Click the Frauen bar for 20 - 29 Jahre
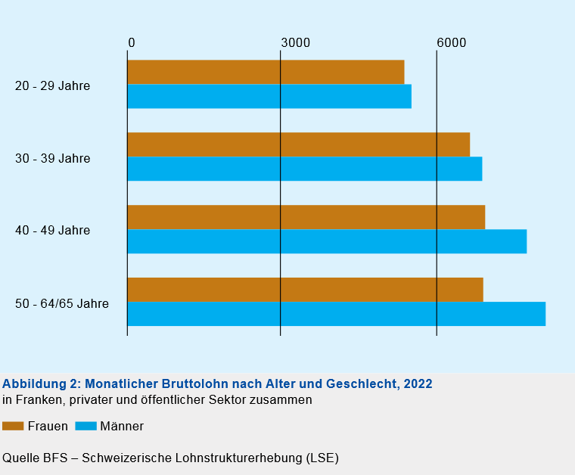[x=266, y=72]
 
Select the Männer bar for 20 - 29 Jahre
[x=269, y=96]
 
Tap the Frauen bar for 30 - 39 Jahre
[x=298, y=144]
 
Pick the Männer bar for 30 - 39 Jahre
[x=304, y=169]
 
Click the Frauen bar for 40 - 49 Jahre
[x=306, y=217]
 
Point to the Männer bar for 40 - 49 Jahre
[x=327, y=241]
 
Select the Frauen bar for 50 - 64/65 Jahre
[x=305, y=290]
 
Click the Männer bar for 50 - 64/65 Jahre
[x=336, y=314]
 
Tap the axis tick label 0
[x=132, y=43]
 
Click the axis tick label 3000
[x=296, y=43]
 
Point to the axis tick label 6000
[x=452, y=43]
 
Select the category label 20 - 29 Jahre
[x=52, y=86]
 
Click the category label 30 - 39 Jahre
[x=52, y=159]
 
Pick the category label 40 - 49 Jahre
[x=52, y=231]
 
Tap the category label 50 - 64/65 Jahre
[x=62, y=304]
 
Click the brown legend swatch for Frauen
[x=13, y=426]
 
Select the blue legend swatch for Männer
[x=86, y=426]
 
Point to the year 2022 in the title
[x=418, y=383]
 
